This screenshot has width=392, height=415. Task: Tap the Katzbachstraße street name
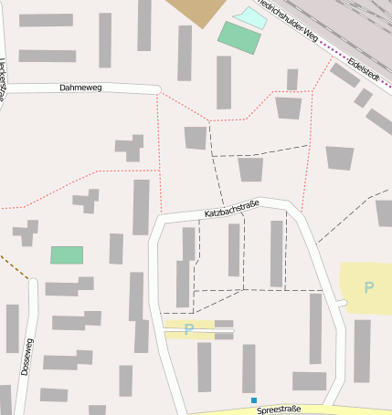232,209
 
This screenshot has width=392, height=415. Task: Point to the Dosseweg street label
27,357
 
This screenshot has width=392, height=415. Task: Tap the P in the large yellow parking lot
368,288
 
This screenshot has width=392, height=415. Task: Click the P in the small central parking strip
188,329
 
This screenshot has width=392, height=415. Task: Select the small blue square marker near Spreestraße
254,400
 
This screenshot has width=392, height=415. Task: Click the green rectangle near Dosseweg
67,255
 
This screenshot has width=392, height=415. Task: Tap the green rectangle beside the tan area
238,37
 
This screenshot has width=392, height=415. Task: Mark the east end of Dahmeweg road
157,89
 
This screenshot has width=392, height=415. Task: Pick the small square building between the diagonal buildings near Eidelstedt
364,98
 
